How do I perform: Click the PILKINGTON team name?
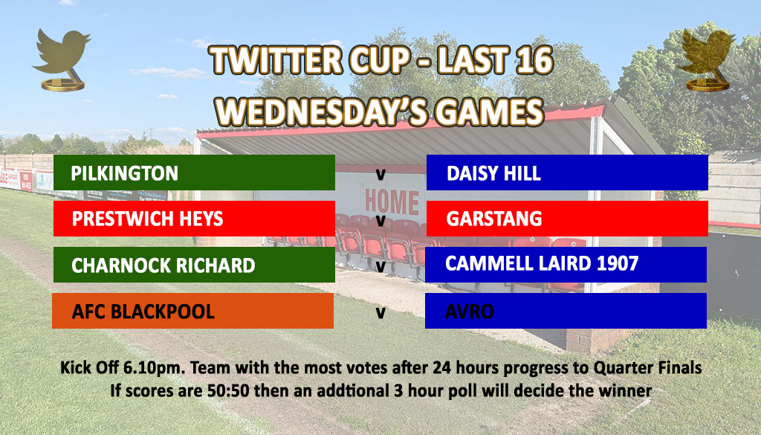pyautogui.click(x=124, y=173)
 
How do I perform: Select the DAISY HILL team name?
pyautogui.click(x=493, y=173)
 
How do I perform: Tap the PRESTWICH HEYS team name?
pyautogui.click(x=148, y=219)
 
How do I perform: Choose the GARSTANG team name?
pyautogui.click(x=494, y=219)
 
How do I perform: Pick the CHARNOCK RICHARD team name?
pyautogui.click(x=163, y=265)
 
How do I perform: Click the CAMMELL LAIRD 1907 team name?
pyautogui.click(x=542, y=263)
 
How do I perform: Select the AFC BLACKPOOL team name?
pyautogui.click(x=143, y=312)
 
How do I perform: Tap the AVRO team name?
pyautogui.click(x=470, y=312)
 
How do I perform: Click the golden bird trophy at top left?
pyautogui.click(x=62, y=59)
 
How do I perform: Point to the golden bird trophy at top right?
pyautogui.click(x=706, y=59)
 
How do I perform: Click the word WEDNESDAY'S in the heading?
pyautogui.click(x=323, y=112)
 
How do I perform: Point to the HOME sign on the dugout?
pyautogui.click(x=392, y=202)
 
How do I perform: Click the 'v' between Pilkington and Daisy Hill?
pyautogui.click(x=380, y=175)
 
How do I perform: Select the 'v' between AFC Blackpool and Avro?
pyautogui.click(x=380, y=312)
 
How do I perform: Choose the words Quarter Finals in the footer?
pyautogui.click(x=647, y=367)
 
